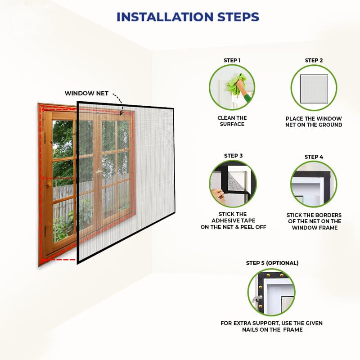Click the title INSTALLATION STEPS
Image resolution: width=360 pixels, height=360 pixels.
pyautogui.click(x=188, y=17)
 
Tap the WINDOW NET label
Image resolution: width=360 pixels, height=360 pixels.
pyautogui.click(x=86, y=93)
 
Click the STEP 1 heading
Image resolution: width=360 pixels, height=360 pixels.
pyautogui.click(x=232, y=60)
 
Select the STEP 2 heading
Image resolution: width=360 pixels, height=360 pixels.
pyautogui.click(x=314, y=60)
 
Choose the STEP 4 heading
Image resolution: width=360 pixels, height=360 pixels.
pyautogui.click(x=314, y=157)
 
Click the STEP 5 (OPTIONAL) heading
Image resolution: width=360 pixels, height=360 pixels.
pyautogui.click(x=272, y=263)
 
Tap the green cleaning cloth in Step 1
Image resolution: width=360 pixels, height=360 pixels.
pyautogui.click(x=237, y=84)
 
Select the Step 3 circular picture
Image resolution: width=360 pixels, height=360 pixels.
pyautogui.click(x=232, y=184)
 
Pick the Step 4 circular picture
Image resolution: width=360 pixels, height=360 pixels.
pyautogui.click(x=314, y=184)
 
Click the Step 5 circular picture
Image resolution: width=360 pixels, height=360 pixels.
pyautogui.click(x=272, y=292)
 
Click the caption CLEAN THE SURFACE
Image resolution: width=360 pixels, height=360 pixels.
pyautogui.click(x=232, y=121)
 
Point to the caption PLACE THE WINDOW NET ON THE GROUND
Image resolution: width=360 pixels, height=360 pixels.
pyautogui.click(x=314, y=121)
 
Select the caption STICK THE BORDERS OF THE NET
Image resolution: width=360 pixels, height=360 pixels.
pyautogui.click(x=314, y=221)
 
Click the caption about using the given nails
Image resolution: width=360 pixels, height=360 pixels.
pyautogui.click(x=272, y=326)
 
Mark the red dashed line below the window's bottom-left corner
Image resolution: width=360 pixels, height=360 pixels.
pyautogui.click(x=63, y=260)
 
